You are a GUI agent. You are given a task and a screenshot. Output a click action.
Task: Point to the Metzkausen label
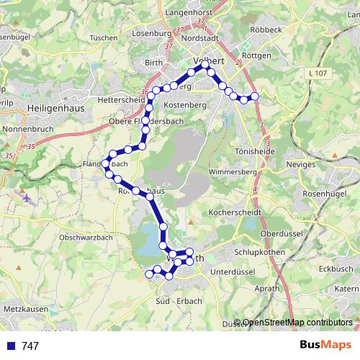click(24, 309)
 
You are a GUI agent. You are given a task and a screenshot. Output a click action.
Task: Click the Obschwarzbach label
click(86, 237)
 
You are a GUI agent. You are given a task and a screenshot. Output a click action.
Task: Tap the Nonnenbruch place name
click(28, 130)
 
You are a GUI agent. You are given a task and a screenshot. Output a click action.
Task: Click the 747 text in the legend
click(30, 346)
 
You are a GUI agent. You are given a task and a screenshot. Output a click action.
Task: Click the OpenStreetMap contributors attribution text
click(297, 323)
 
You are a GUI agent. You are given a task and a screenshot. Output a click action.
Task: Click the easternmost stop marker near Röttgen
click(254, 96)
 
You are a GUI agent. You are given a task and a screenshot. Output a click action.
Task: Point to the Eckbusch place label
click(335, 269)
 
